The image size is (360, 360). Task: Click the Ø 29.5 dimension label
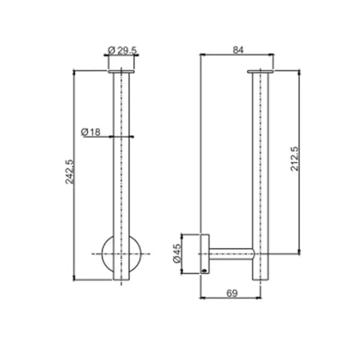pos(122,50)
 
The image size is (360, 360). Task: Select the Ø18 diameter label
pos(91,132)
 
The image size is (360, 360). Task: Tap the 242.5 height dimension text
pos(70,172)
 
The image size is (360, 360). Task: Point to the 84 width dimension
pos(238,50)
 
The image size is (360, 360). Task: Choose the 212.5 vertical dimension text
pos(295,159)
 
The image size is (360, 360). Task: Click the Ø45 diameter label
pos(177,254)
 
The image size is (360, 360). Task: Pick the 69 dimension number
pos(232,293)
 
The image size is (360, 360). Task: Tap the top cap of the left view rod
pos(121,72)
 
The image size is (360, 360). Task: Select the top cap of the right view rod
pos(260,72)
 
